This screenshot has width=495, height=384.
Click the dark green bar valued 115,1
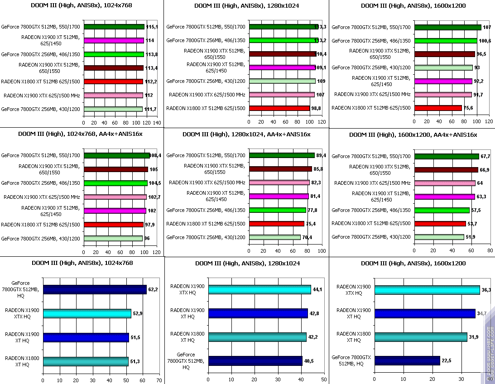click(114, 27)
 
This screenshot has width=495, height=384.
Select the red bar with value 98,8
click(279, 108)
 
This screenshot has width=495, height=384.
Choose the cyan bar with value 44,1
click(259, 290)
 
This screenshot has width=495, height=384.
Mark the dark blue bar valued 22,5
click(407, 360)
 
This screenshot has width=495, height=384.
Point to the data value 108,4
click(156, 155)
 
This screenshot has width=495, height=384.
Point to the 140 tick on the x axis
click(157, 123)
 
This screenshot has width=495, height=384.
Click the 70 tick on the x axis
click(159, 381)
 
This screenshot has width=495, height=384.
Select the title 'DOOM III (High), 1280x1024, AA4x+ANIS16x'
click(246, 134)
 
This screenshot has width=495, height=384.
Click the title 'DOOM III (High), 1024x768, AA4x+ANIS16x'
click(81, 134)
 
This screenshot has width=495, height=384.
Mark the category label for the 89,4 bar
click(206, 155)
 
